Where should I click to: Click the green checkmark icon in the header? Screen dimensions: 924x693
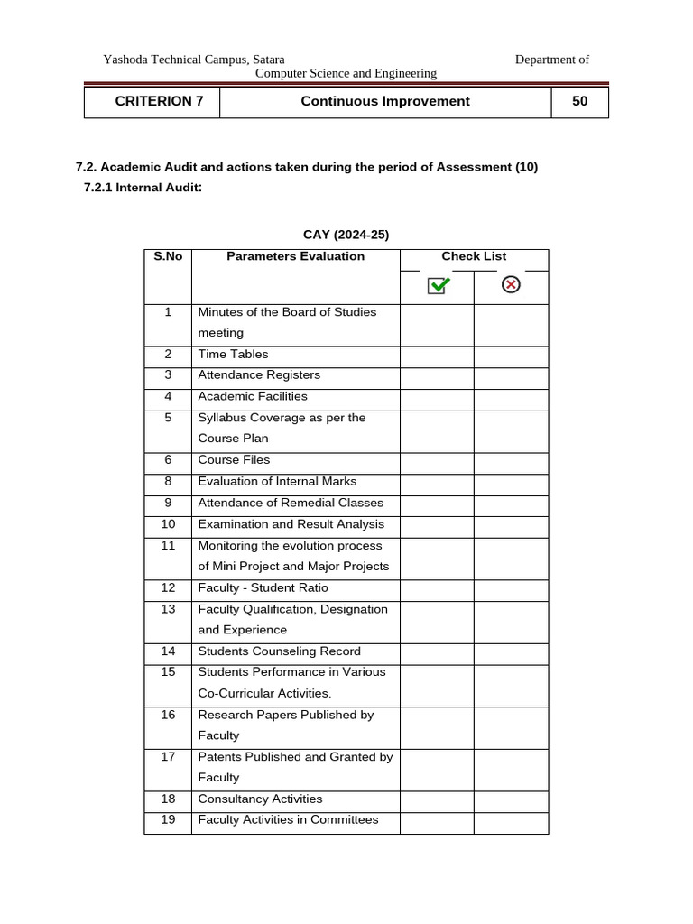point(439,285)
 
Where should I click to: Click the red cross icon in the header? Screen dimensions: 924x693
point(511,285)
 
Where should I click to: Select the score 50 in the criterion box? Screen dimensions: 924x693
point(579,101)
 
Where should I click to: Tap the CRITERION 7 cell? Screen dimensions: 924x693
point(160,101)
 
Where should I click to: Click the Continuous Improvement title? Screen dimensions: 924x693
point(385,101)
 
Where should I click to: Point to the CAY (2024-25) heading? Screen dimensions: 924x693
point(347,235)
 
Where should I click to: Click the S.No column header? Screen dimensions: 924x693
point(168,256)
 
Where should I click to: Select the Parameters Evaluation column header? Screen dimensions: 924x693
point(295,256)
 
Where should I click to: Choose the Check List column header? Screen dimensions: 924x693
point(474,256)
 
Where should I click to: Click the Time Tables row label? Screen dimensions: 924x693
point(233,355)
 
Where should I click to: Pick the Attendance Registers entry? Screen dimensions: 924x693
point(259,375)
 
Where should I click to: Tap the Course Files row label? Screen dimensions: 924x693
point(234,460)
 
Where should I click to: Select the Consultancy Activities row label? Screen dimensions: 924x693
point(260,799)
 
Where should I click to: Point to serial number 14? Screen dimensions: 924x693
point(168,651)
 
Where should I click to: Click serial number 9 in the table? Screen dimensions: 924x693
point(168,503)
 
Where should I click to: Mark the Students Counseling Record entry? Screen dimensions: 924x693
point(279,651)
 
